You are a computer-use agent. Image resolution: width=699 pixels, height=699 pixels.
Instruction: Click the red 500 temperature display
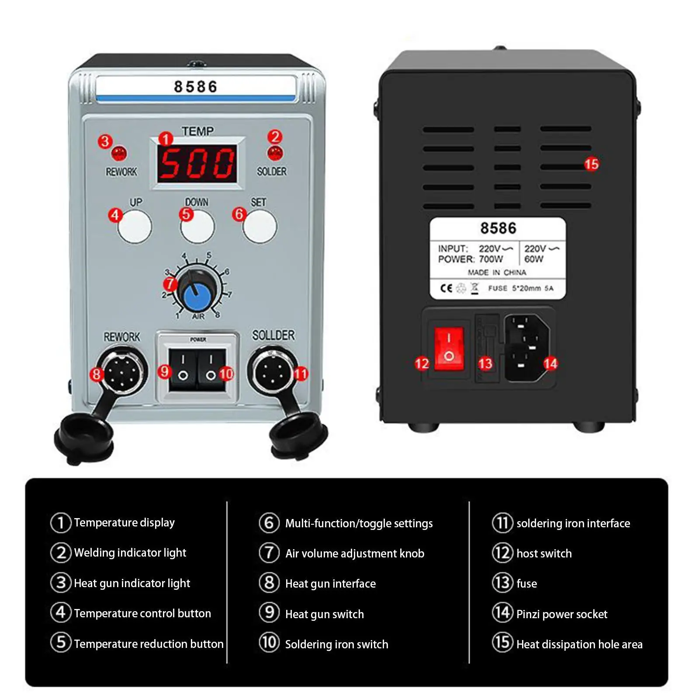(197, 164)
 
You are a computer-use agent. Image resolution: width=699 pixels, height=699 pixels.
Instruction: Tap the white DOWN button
(197, 226)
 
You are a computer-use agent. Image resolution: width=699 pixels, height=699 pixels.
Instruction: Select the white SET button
(260, 226)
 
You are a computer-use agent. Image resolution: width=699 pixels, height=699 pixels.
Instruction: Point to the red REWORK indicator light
(119, 154)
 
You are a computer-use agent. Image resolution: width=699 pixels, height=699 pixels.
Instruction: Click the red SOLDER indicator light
(275, 153)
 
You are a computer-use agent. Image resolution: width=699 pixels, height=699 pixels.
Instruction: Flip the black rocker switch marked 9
(183, 369)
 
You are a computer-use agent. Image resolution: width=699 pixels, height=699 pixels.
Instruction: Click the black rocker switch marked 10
(211, 369)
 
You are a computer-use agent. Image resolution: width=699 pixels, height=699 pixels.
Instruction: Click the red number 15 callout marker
(591, 164)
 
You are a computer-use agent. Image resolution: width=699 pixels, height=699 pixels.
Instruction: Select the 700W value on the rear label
(491, 259)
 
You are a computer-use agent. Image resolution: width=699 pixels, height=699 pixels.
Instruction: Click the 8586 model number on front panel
(195, 87)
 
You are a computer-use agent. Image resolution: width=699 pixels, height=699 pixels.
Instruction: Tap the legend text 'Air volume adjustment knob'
(355, 554)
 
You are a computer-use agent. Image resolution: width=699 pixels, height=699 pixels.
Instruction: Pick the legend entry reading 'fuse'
(526, 584)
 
